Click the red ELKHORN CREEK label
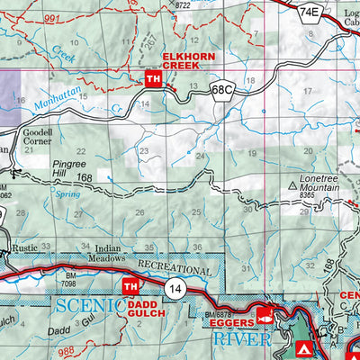tap(186, 61)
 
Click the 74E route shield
tap(310, 12)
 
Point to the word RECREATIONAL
tap(176, 269)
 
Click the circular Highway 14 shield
tap(175, 287)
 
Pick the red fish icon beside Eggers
tap(265, 316)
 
